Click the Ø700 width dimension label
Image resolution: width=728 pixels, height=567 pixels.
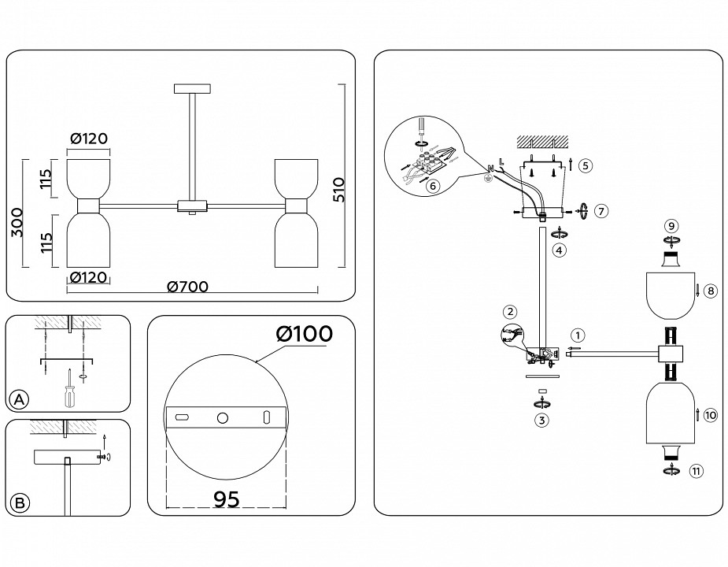tap(187, 287)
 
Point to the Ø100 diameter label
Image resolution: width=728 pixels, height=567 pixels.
tap(305, 334)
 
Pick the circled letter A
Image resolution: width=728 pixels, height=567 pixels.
tap(20, 400)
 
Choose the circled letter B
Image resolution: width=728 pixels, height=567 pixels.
tap(20, 502)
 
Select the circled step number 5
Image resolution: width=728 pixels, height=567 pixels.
tap(584, 165)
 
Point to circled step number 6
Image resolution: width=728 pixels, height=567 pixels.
tap(431, 186)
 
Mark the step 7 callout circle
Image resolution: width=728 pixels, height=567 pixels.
tap(601, 211)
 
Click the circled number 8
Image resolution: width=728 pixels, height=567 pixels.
tap(709, 291)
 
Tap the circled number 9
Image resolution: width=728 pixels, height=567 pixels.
tap(671, 226)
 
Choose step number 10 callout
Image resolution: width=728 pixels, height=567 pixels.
tap(710, 415)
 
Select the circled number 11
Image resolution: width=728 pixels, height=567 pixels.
tap(695, 472)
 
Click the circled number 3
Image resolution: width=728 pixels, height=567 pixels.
tap(541, 420)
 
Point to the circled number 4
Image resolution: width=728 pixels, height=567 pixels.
tap(558, 251)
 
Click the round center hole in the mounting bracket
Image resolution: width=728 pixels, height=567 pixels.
tap(223, 417)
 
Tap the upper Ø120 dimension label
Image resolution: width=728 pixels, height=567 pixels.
tap(88, 139)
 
